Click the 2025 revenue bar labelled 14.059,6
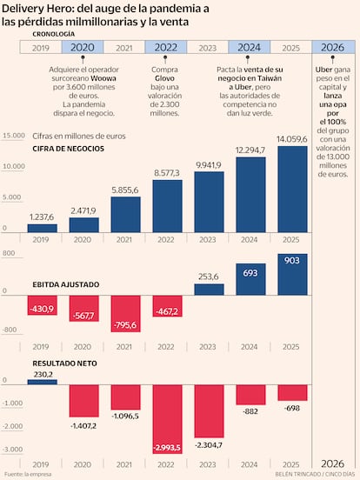click(x=292, y=190)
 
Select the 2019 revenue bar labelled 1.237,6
click(x=43, y=229)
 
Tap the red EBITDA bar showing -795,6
click(x=125, y=313)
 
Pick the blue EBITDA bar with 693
click(x=250, y=279)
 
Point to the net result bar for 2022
click(x=168, y=419)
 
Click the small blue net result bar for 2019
click(x=43, y=382)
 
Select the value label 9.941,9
click(x=209, y=165)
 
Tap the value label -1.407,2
click(x=83, y=426)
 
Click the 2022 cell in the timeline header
click(x=165, y=48)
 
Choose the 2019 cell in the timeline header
click(x=41, y=48)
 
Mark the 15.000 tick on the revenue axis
click(x=14, y=136)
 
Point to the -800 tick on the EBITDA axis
click(x=10, y=330)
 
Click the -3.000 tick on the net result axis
click(x=12, y=449)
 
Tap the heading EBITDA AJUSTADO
click(x=66, y=284)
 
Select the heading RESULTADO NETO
click(x=64, y=363)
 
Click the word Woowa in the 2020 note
click(x=103, y=78)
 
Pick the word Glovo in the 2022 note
click(x=164, y=78)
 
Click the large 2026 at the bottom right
click(x=333, y=463)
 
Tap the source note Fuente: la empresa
click(x=28, y=474)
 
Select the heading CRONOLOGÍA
click(x=54, y=34)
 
